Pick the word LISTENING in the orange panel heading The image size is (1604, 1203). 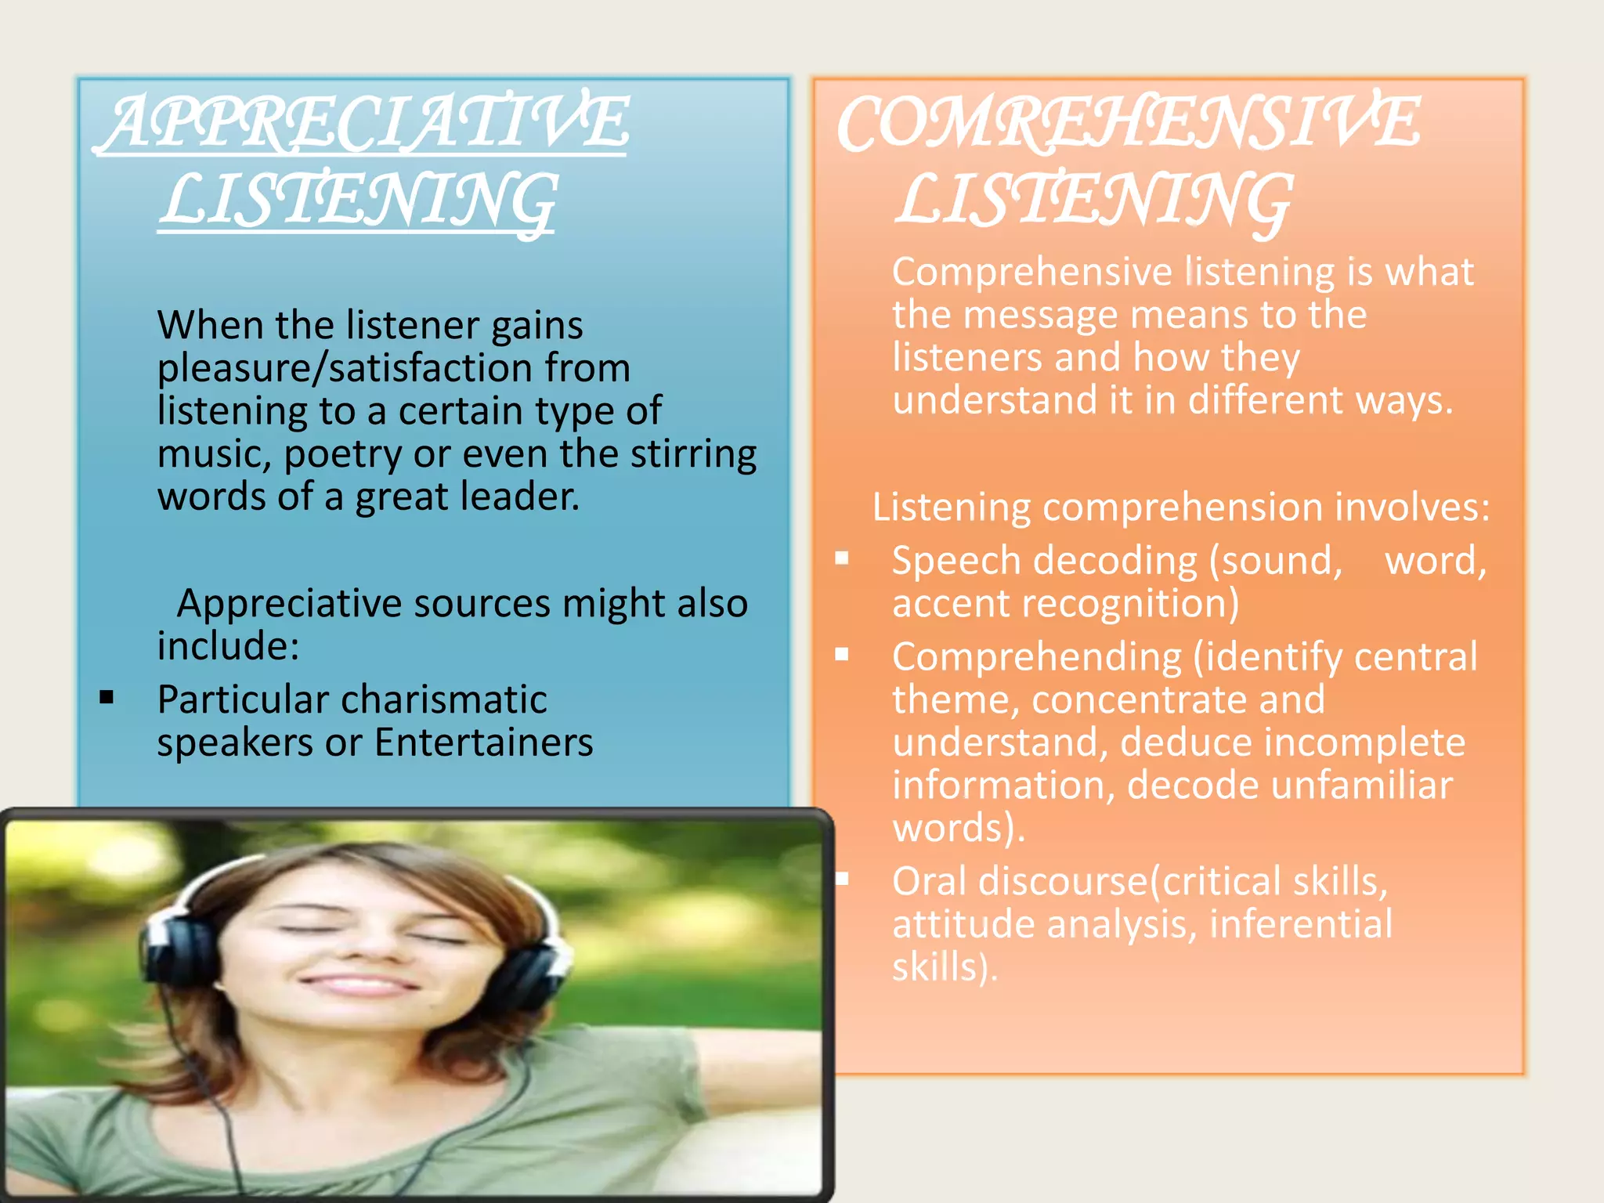[x=1093, y=200]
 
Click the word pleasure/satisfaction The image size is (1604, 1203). [x=393, y=368]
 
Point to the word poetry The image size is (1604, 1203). [x=342, y=454]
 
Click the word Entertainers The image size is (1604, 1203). [x=483, y=742]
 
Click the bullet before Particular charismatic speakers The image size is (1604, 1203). [x=107, y=697]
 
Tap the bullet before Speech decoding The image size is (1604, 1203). [x=842, y=558]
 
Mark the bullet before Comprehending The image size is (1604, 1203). [x=842, y=655]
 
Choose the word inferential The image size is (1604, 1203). [x=1301, y=924]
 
